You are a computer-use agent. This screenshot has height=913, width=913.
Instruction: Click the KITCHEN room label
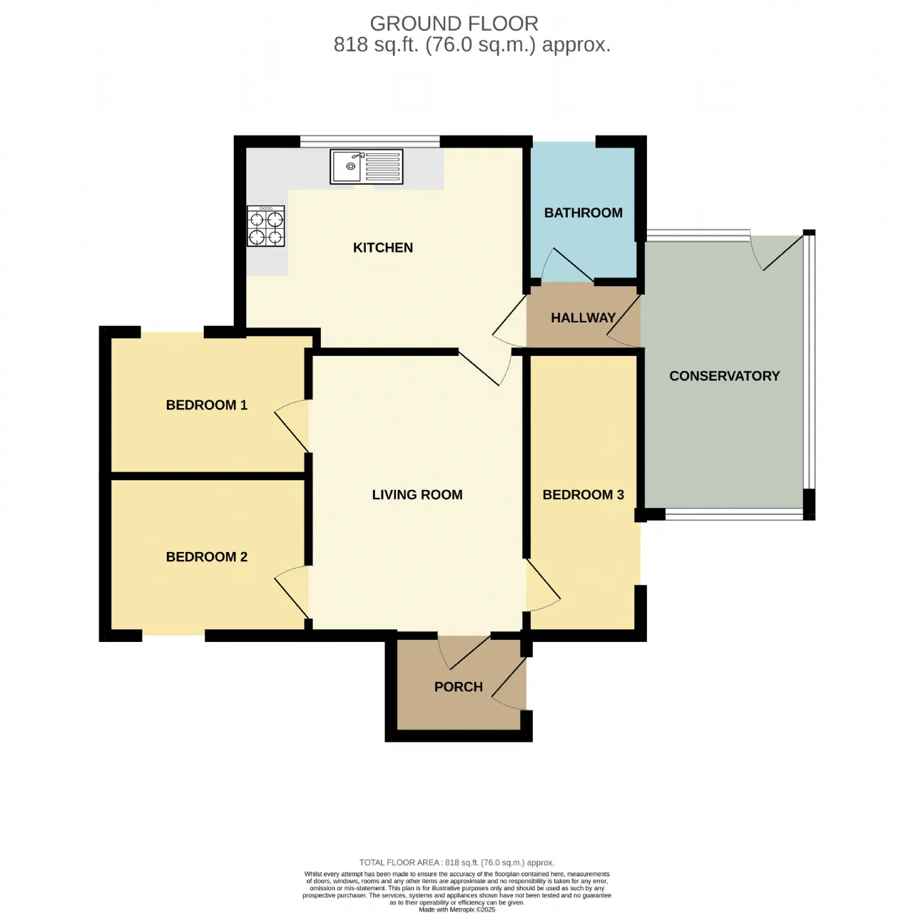(x=383, y=248)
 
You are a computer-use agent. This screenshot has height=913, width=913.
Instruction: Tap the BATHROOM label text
(x=583, y=213)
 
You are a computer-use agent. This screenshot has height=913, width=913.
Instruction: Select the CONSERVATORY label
(x=725, y=376)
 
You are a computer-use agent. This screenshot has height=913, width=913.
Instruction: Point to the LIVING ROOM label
(x=417, y=494)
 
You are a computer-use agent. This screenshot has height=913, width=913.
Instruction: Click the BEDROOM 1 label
(x=207, y=405)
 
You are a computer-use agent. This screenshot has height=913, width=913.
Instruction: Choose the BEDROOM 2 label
(x=207, y=556)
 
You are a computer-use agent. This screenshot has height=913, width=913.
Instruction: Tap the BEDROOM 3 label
(x=583, y=494)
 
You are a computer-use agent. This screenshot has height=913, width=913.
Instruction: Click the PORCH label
(x=458, y=686)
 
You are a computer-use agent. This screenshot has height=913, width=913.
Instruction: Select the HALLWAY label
(x=583, y=317)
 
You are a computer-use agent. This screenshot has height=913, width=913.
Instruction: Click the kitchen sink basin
(x=347, y=166)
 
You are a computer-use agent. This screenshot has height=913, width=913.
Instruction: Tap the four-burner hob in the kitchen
(x=266, y=226)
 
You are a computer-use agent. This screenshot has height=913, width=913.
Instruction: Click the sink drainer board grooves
(x=383, y=166)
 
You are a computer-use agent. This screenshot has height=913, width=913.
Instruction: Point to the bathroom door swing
(x=566, y=264)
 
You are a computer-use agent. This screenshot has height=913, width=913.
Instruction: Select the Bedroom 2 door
(x=292, y=592)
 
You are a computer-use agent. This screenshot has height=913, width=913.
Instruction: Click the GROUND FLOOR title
(x=454, y=24)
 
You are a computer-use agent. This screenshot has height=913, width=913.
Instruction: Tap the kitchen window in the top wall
(x=370, y=141)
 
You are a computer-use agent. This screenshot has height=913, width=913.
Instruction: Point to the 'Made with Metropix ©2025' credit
(x=456, y=909)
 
